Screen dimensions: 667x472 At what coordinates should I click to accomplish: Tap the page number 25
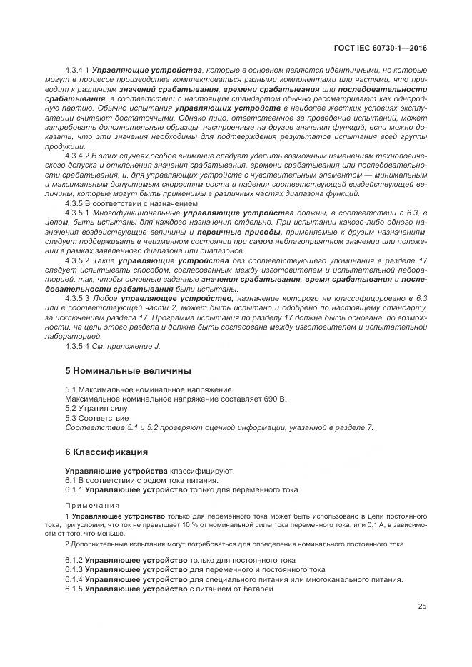pyautogui.click(x=422, y=606)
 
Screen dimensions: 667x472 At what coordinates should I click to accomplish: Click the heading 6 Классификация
pyautogui.click(x=106, y=452)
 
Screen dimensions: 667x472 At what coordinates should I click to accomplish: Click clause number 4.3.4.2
pyautogui.click(x=76, y=155)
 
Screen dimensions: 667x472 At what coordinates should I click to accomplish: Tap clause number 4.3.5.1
pyautogui.click(x=76, y=213)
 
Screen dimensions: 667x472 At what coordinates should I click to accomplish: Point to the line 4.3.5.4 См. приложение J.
pyautogui.click(x=113, y=346)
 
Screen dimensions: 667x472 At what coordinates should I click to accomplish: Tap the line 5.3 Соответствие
pyautogui.click(x=97, y=418)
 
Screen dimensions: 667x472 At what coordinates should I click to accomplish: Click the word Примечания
pyautogui.click(x=90, y=504)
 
